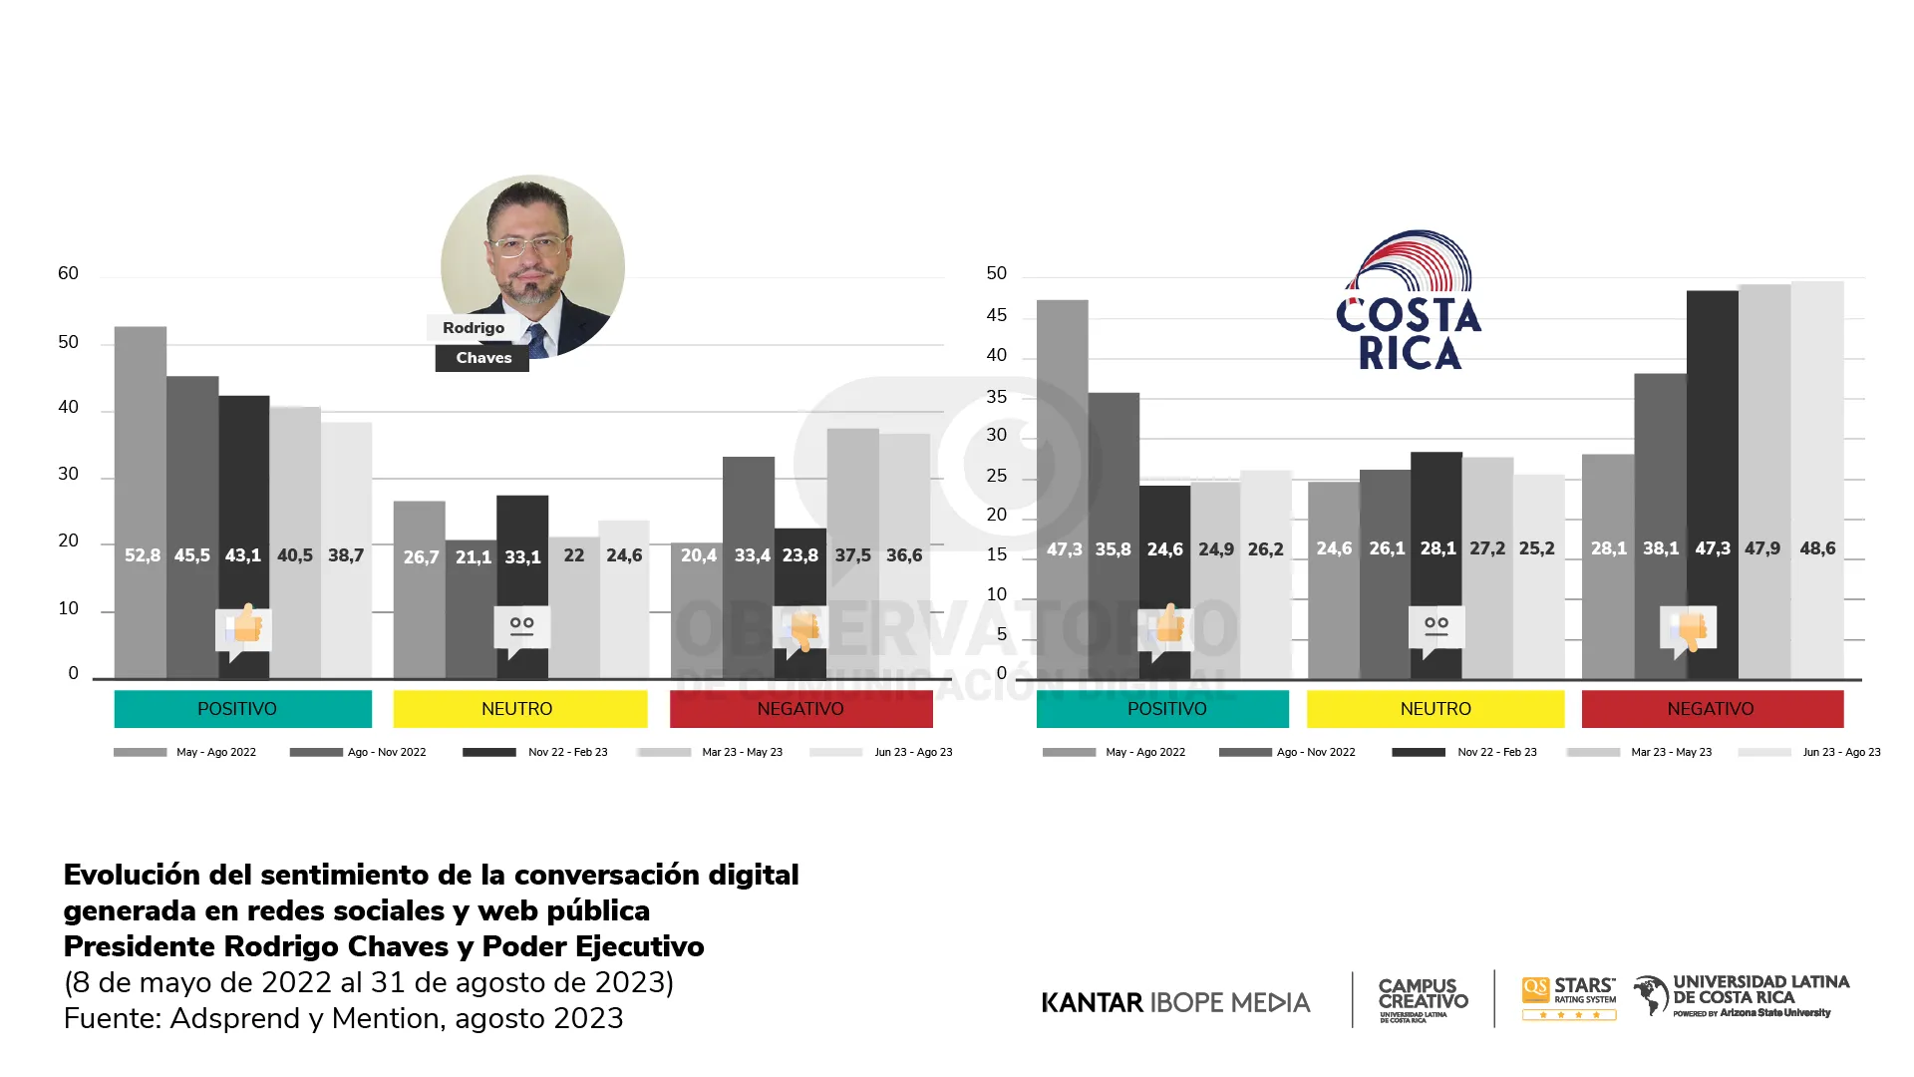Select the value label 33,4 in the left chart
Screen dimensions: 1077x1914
[x=752, y=555]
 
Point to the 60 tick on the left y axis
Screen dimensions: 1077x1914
[x=68, y=273]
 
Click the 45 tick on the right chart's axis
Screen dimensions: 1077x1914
[x=996, y=315]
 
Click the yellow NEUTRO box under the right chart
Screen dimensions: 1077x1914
[x=1435, y=709]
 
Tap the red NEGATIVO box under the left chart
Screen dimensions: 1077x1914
[x=800, y=709]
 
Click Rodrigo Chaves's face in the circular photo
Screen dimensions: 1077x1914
[x=528, y=249]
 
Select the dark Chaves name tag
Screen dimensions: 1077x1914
[x=482, y=358]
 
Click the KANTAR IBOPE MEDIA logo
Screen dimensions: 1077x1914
[x=1175, y=1002]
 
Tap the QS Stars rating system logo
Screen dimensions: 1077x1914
[x=1569, y=998]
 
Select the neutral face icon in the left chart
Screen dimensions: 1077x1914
[x=521, y=628]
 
